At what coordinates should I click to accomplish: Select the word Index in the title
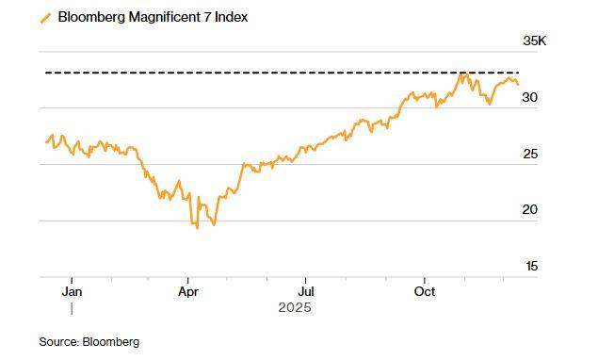click(232, 17)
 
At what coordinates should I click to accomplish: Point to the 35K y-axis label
click(534, 41)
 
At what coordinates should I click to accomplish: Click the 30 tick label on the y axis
click(529, 97)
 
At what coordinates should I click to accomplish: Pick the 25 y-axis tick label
click(529, 154)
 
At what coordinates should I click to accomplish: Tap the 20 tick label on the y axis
click(529, 209)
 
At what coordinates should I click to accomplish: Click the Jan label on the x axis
click(72, 291)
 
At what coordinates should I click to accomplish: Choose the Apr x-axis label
click(188, 291)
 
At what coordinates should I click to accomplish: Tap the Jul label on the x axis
click(304, 291)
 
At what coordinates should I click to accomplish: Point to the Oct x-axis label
click(425, 291)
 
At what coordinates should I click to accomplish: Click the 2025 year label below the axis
click(294, 308)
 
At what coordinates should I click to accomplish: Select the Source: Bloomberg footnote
click(89, 342)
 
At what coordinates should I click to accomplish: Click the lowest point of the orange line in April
click(197, 228)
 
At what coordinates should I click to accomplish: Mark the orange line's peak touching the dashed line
click(462, 74)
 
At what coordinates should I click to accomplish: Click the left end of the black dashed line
click(47, 73)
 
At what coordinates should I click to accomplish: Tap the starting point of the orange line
click(45, 142)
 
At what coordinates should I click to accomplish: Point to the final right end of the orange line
click(518, 85)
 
